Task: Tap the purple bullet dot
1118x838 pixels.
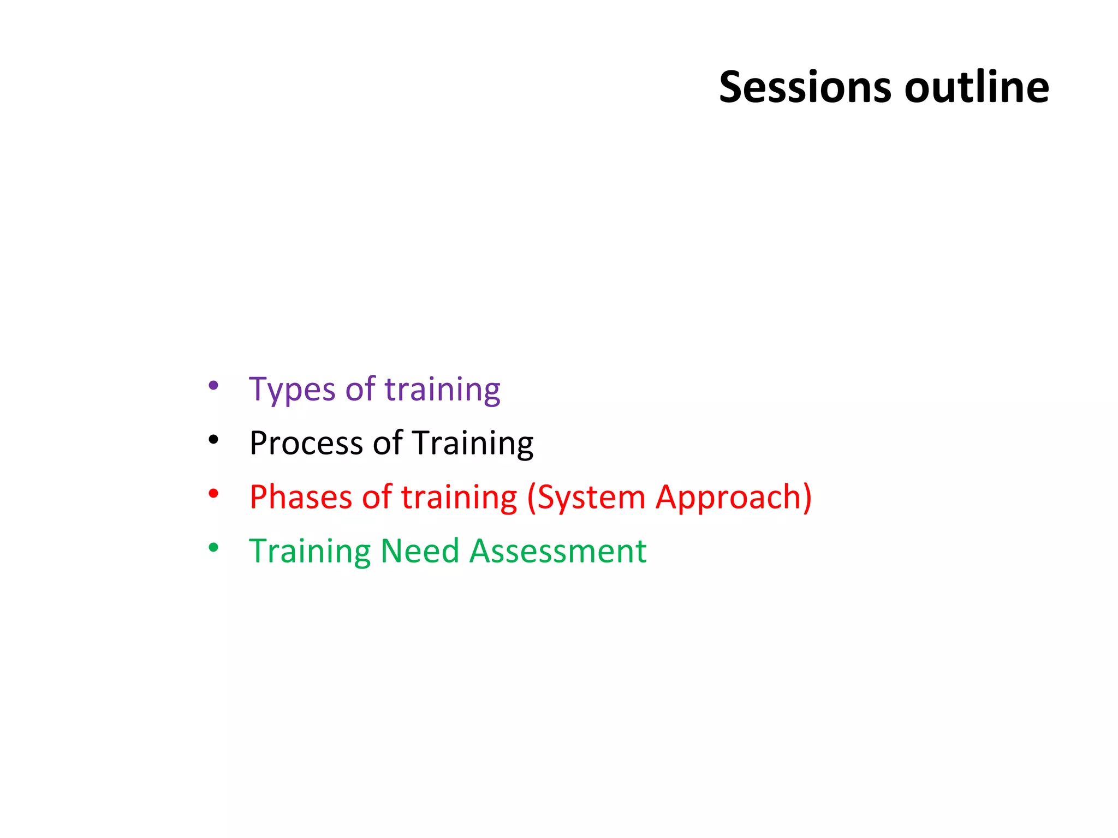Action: pos(213,386)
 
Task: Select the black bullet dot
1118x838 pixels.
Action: pos(213,439)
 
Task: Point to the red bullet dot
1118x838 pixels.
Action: pos(213,494)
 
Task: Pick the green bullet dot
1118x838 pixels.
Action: pos(213,547)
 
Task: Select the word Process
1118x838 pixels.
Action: pos(306,443)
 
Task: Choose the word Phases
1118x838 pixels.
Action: pos(301,497)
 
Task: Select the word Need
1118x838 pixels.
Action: pos(419,551)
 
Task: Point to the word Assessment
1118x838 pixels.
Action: pos(558,551)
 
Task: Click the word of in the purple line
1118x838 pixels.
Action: pos(360,390)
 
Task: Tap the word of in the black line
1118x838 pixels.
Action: pos(388,443)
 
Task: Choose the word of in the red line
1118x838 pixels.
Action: pos(377,497)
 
